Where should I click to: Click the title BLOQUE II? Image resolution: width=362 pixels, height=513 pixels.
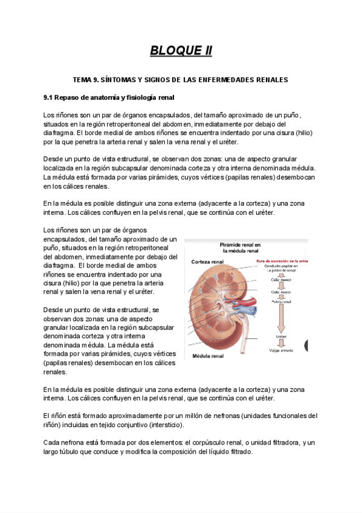181,50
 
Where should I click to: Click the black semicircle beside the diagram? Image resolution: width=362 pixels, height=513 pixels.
306,345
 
